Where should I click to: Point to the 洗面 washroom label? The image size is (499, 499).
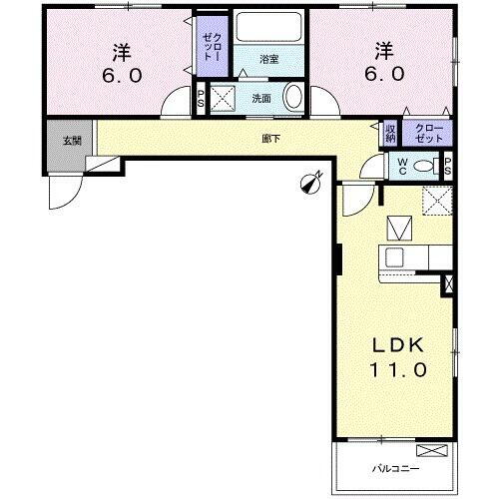(260, 98)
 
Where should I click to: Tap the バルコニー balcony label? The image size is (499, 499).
(397, 467)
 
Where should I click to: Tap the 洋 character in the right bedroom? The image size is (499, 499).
(383, 50)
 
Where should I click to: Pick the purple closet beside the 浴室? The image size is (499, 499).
(211, 48)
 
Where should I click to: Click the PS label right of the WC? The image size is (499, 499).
(447, 166)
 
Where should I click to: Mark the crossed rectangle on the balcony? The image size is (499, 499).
(429, 449)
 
